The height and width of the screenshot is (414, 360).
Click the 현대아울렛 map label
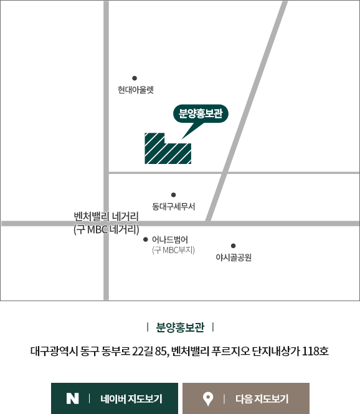click(x=136, y=90)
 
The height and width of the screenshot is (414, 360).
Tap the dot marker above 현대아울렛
click(x=135, y=78)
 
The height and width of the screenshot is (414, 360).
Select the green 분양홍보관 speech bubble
click(x=201, y=113)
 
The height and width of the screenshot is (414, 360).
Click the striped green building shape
click(x=168, y=148)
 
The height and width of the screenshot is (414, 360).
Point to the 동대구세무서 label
click(x=174, y=206)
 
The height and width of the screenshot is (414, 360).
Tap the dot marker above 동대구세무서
click(x=173, y=195)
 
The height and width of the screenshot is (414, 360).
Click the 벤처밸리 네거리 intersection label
click(x=107, y=217)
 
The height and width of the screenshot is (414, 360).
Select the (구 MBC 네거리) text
click(x=107, y=229)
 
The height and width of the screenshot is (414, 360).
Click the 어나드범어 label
click(x=170, y=240)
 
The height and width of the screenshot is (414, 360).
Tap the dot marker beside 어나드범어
click(x=145, y=239)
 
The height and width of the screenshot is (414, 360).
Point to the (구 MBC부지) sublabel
click(x=173, y=250)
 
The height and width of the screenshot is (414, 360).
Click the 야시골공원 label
click(x=234, y=258)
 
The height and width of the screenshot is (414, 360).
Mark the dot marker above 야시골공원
click(x=233, y=246)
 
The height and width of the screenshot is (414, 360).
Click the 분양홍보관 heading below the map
click(x=180, y=327)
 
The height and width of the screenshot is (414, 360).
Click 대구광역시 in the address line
click(x=54, y=352)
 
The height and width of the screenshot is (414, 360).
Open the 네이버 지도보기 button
click(x=115, y=398)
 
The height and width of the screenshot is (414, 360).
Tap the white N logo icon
click(x=72, y=398)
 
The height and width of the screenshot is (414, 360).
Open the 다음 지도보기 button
click(x=246, y=398)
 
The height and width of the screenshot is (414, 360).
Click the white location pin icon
click(x=208, y=398)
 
